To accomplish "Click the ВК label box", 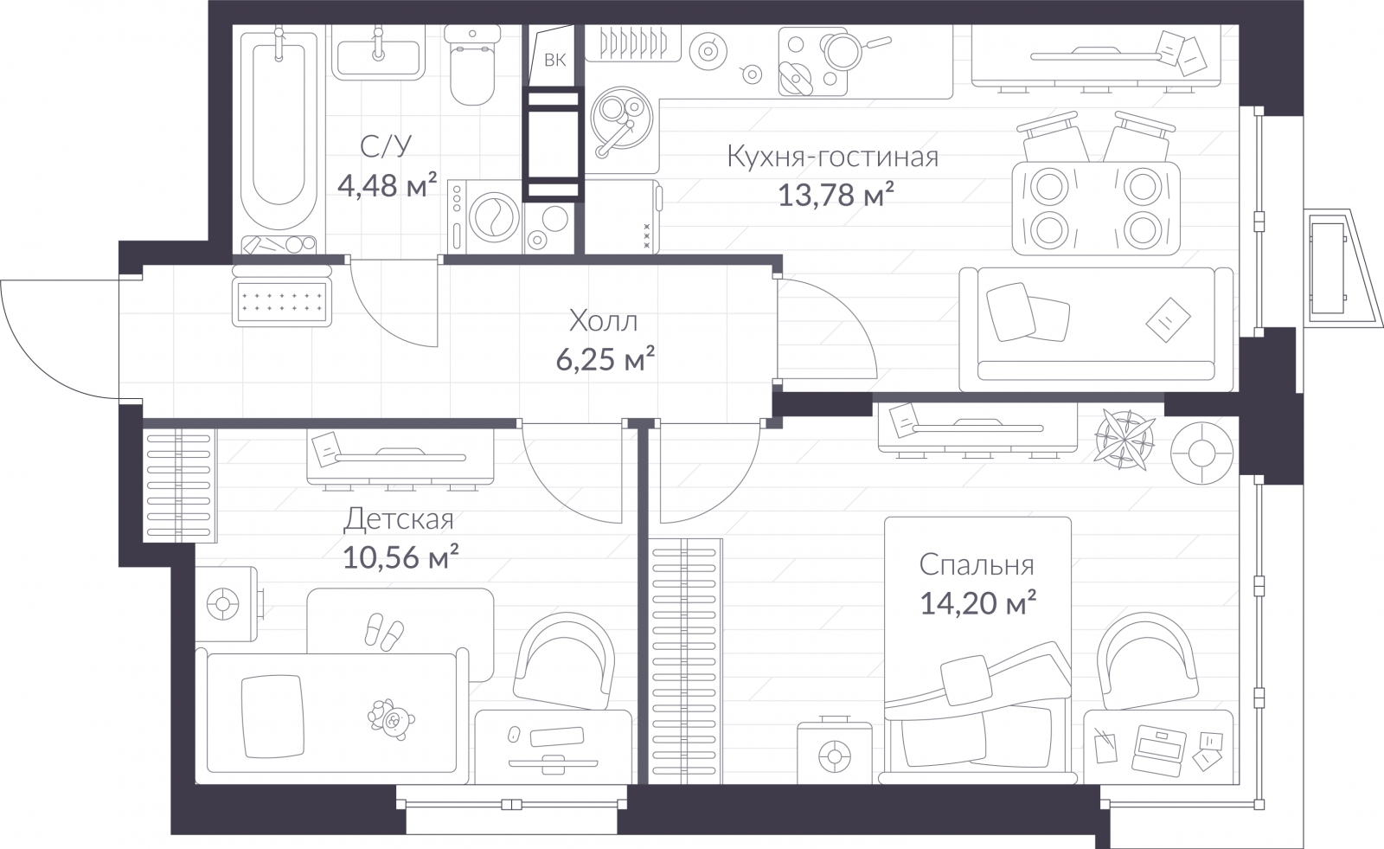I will pyautogui.click(x=554, y=60).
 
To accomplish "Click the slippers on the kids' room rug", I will pyautogui.click(x=382, y=631).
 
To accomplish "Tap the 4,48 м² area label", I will pyautogui.click(x=386, y=185).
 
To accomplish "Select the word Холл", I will pyautogui.click(x=603, y=322).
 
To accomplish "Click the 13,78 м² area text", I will pyautogui.click(x=835, y=196).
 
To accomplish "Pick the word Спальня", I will pyautogui.click(x=976, y=565).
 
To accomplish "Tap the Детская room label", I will pyautogui.click(x=398, y=519).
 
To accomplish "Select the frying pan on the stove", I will pyautogui.click(x=840, y=50).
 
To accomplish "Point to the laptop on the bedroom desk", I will pyautogui.click(x=1159, y=749).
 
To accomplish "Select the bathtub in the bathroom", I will pyautogui.click(x=279, y=130).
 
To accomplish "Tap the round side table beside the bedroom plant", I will pyautogui.click(x=1201, y=453).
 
